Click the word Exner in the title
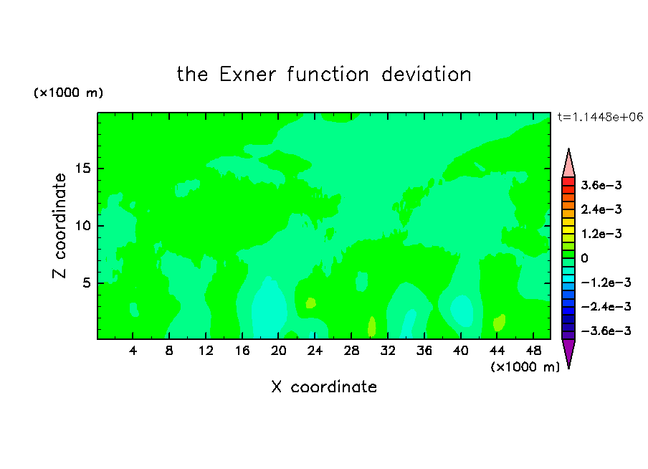[x=247, y=75]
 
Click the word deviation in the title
[x=427, y=75]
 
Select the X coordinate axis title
[x=324, y=387]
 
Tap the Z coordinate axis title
[x=59, y=225]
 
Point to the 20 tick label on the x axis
[x=279, y=351]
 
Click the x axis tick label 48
[x=533, y=351]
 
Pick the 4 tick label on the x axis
[x=133, y=351]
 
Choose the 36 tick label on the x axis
[x=424, y=351]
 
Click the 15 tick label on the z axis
[x=82, y=169]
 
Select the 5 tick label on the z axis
[x=86, y=283]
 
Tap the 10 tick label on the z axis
[x=82, y=226]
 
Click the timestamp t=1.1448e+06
[x=601, y=117]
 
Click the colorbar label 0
[x=584, y=258]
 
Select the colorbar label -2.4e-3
[x=606, y=306]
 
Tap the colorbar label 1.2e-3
[x=601, y=234]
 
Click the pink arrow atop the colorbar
[x=568, y=163]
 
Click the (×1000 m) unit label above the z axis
[x=68, y=93]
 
